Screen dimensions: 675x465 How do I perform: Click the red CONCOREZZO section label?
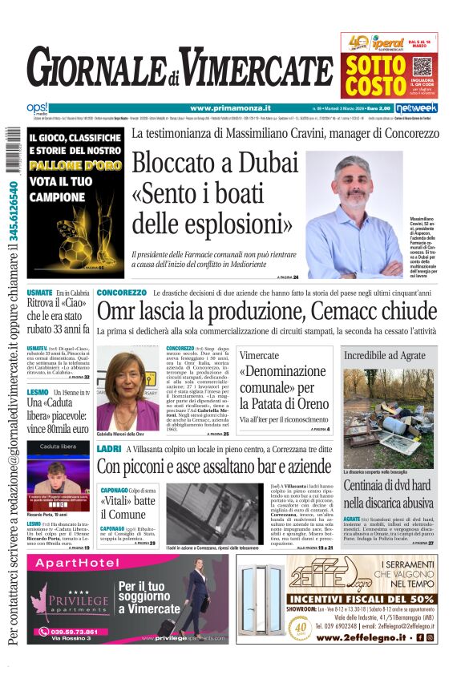(121, 293)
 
